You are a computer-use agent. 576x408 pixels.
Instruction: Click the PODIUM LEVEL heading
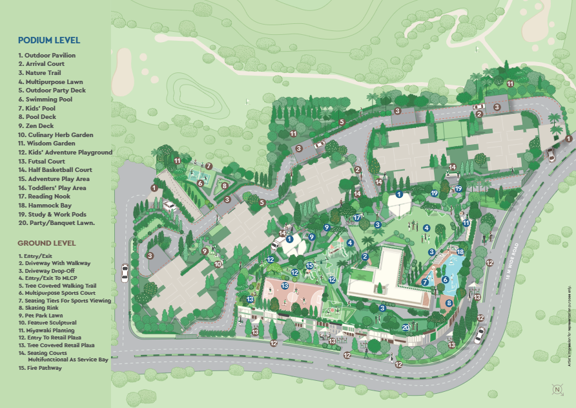(49, 40)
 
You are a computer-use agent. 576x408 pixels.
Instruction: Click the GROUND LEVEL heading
(46, 243)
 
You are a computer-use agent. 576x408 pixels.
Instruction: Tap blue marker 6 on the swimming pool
(446, 279)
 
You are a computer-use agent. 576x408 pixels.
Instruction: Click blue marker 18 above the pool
(460, 252)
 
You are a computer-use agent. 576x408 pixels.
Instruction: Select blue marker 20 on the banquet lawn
(406, 327)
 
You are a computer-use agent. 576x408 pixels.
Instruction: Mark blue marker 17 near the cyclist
(356, 218)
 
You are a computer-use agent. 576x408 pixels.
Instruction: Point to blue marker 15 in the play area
(309, 265)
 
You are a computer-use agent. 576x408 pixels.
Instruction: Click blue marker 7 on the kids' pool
(425, 282)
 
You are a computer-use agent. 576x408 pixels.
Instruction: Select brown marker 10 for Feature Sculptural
(218, 264)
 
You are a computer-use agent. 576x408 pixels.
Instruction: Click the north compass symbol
(556, 389)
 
